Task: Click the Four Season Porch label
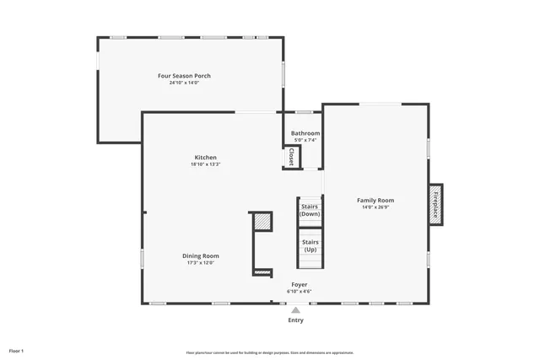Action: (184, 76)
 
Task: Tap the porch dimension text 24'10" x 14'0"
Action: (184, 83)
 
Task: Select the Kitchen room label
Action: (205, 158)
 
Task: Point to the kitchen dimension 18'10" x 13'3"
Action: (205, 164)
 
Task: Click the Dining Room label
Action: (201, 255)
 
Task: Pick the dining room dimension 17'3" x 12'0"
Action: (201, 262)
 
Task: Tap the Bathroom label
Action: (305, 133)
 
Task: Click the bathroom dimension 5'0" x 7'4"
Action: (305, 140)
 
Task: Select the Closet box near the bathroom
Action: (291, 157)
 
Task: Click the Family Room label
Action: (375, 200)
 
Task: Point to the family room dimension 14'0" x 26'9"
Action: (375, 207)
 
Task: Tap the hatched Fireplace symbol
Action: (435, 205)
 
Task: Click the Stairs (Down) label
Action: (310, 210)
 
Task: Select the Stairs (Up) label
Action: (310, 245)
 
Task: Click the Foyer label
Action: (300, 284)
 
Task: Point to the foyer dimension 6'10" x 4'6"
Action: (300, 292)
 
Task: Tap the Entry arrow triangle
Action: (295, 309)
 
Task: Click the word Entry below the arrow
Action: (295, 320)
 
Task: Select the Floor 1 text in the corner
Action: (17, 350)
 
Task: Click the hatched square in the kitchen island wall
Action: (263, 222)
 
